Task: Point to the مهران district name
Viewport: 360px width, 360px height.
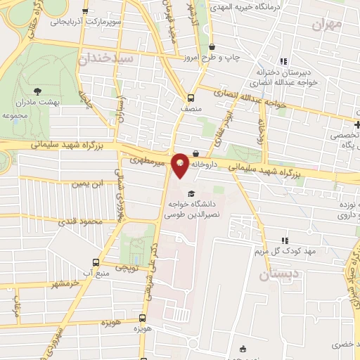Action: click(x=328, y=26)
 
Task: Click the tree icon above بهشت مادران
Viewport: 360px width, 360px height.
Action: click(x=39, y=91)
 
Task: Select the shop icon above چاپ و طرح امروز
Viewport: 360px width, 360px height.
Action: click(x=212, y=47)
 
